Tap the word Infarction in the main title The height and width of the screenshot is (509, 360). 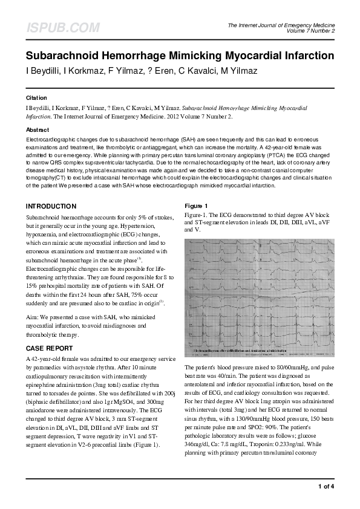(x=307, y=56)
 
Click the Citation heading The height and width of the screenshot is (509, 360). (x=36, y=97)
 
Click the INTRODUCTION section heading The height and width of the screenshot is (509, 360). (x=51, y=206)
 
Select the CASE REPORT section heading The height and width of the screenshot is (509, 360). (x=49, y=348)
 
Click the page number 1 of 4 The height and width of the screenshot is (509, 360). (x=326, y=487)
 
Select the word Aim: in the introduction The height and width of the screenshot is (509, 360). (x=33, y=317)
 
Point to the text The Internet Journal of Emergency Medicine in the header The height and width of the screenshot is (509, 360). (x=281, y=25)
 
